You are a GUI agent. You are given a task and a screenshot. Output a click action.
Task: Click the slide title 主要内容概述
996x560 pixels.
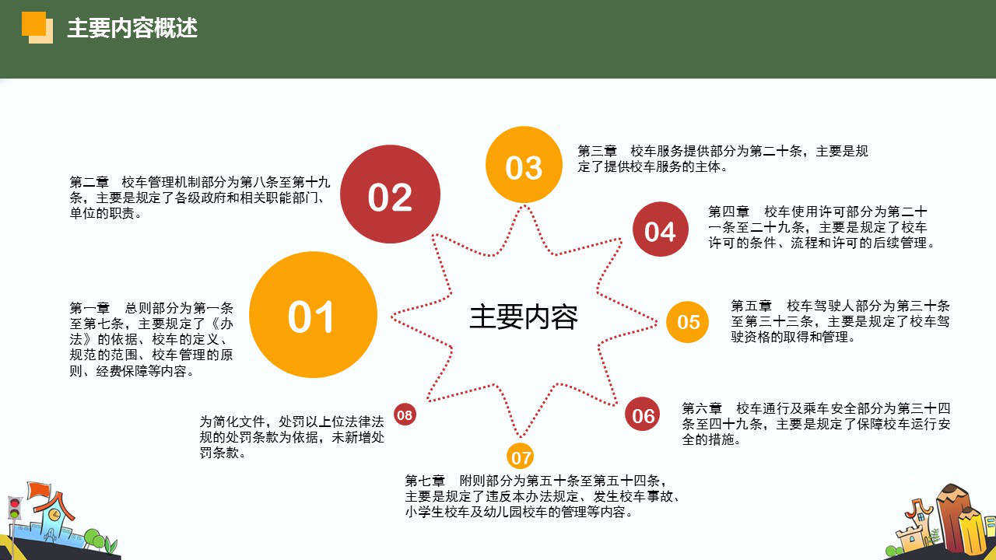[x=132, y=28]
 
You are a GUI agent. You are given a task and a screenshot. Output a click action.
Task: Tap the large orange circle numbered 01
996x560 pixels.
[x=313, y=315]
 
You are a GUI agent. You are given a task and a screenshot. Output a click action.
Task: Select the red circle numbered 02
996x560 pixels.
[x=390, y=195]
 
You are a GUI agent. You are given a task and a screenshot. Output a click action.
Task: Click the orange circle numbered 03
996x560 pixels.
[x=524, y=165]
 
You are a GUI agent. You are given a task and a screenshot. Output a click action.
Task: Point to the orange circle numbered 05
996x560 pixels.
[x=688, y=322]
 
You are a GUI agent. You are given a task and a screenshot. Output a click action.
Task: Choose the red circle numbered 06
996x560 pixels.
[x=643, y=415]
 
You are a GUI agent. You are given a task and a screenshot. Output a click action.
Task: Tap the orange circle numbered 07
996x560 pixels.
[x=521, y=457]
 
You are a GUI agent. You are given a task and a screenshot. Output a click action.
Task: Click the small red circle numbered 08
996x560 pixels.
[x=405, y=415]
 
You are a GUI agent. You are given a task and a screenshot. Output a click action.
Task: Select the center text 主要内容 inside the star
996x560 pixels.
[x=523, y=317]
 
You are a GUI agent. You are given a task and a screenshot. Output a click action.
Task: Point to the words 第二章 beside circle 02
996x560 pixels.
[x=89, y=182]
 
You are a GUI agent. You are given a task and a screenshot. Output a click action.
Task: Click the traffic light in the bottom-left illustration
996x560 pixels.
[x=14, y=510]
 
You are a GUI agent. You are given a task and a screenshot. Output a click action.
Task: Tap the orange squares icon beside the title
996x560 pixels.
[x=37, y=27]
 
